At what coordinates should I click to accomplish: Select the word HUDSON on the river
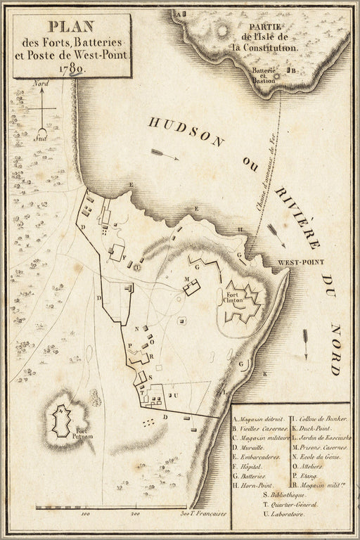pyautogui.click(x=188, y=132)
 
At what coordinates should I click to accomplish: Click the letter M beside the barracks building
pyautogui.click(x=187, y=279)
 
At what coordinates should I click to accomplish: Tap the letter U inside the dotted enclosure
pyautogui.click(x=175, y=395)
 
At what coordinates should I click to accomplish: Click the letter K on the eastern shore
pyautogui.click(x=265, y=375)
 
